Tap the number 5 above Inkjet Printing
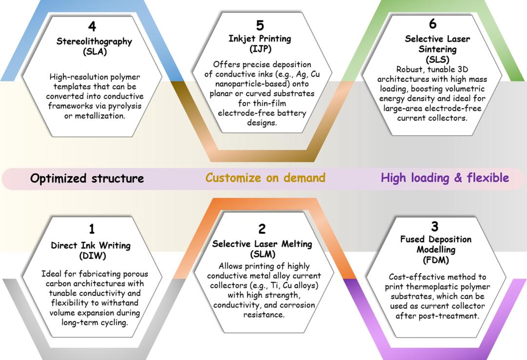[260, 25]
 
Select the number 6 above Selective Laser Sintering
[432, 24]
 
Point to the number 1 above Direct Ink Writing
[91, 229]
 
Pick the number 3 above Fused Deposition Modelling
[435, 226]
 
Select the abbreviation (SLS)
[431, 60]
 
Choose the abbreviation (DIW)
[91, 255]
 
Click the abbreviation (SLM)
[262, 254]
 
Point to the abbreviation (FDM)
[436, 260]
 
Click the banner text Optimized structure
[87, 179]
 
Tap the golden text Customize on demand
[265, 178]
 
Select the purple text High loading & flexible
[445, 178]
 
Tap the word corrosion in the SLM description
[296, 305]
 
